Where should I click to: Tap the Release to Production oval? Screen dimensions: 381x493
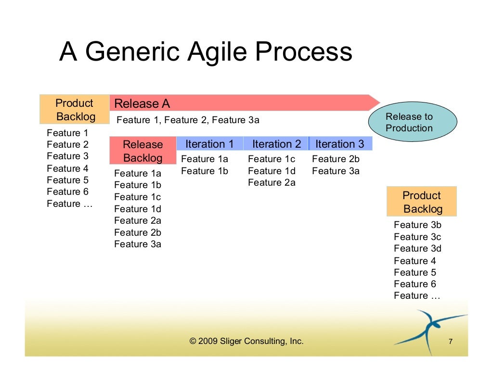(412, 122)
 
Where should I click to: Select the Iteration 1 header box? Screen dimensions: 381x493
(209, 144)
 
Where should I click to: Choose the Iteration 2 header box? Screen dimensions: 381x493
(276, 144)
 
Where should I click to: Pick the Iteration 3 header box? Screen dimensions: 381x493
(340, 144)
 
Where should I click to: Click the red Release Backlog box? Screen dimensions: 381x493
(143, 151)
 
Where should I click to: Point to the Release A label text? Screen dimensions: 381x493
(142, 103)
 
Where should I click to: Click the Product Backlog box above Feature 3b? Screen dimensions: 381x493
(422, 202)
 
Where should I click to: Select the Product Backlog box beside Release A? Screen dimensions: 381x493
(75, 110)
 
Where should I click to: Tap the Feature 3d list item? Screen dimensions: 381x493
(417, 248)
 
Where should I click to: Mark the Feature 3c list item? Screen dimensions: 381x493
(417, 237)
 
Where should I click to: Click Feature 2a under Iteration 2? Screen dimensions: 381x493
(272, 183)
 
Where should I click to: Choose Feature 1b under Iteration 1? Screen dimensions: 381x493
(204, 171)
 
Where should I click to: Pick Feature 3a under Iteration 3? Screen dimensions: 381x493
(336, 171)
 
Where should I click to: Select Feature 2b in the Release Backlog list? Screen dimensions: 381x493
(138, 232)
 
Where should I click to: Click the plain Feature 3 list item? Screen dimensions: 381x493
(67, 156)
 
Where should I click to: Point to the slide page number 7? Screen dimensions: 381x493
(450, 342)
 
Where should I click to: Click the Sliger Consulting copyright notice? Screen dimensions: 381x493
(246, 341)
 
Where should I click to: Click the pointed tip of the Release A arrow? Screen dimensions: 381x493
(379, 102)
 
